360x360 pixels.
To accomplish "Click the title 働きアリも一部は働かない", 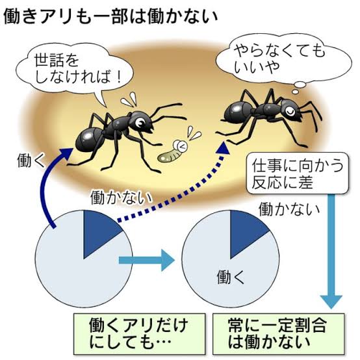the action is pos(110,16).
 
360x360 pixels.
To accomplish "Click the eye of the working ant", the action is pos(139,123).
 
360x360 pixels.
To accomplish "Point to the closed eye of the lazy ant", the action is pos(290,111).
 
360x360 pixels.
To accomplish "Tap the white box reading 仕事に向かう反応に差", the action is pos(298,173).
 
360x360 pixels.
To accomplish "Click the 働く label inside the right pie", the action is pos(231,277).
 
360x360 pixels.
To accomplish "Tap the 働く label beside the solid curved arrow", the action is pos(31,161).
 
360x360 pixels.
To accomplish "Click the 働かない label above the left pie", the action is pos(121,197).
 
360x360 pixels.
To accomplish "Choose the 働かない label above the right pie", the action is pos(289,209).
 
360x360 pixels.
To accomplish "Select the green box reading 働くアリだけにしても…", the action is pos(139,333).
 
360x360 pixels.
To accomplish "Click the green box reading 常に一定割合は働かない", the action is pos(279,333).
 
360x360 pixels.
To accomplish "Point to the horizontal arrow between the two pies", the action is pos(146,260).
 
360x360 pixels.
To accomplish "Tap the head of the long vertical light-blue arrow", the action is pos(331,302).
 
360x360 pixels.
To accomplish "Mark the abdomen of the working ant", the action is pos(89,139).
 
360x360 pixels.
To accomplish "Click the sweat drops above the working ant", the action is pos(129,99).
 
